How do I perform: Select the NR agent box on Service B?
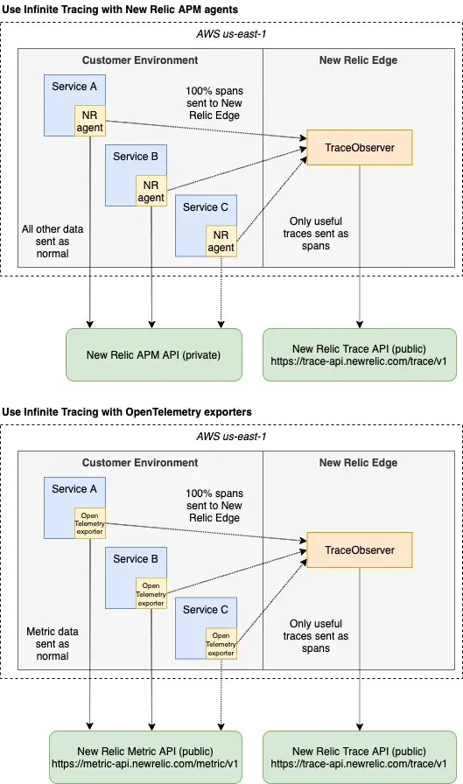pyautogui.click(x=151, y=192)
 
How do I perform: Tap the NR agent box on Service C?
pyautogui.click(x=221, y=241)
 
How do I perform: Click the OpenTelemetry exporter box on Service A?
pyautogui.click(x=89, y=524)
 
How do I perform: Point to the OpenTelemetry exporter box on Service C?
pyautogui.click(x=221, y=643)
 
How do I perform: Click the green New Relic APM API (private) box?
pyautogui.click(x=153, y=354)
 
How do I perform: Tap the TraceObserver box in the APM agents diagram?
pyautogui.click(x=359, y=148)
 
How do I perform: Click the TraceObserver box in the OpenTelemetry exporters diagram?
pyautogui.click(x=359, y=550)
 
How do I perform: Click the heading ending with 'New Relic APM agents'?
pyautogui.click(x=120, y=9)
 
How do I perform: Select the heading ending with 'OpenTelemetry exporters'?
pyautogui.click(x=127, y=411)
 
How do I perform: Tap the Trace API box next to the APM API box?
pyautogui.click(x=359, y=354)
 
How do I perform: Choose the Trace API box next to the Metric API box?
pyautogui.click(x=359, y=757)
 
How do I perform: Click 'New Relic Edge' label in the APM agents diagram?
pyautogui.click(x=358, y=60)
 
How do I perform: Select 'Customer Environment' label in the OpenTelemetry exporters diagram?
pyautogui.click(x=140, y=463)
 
